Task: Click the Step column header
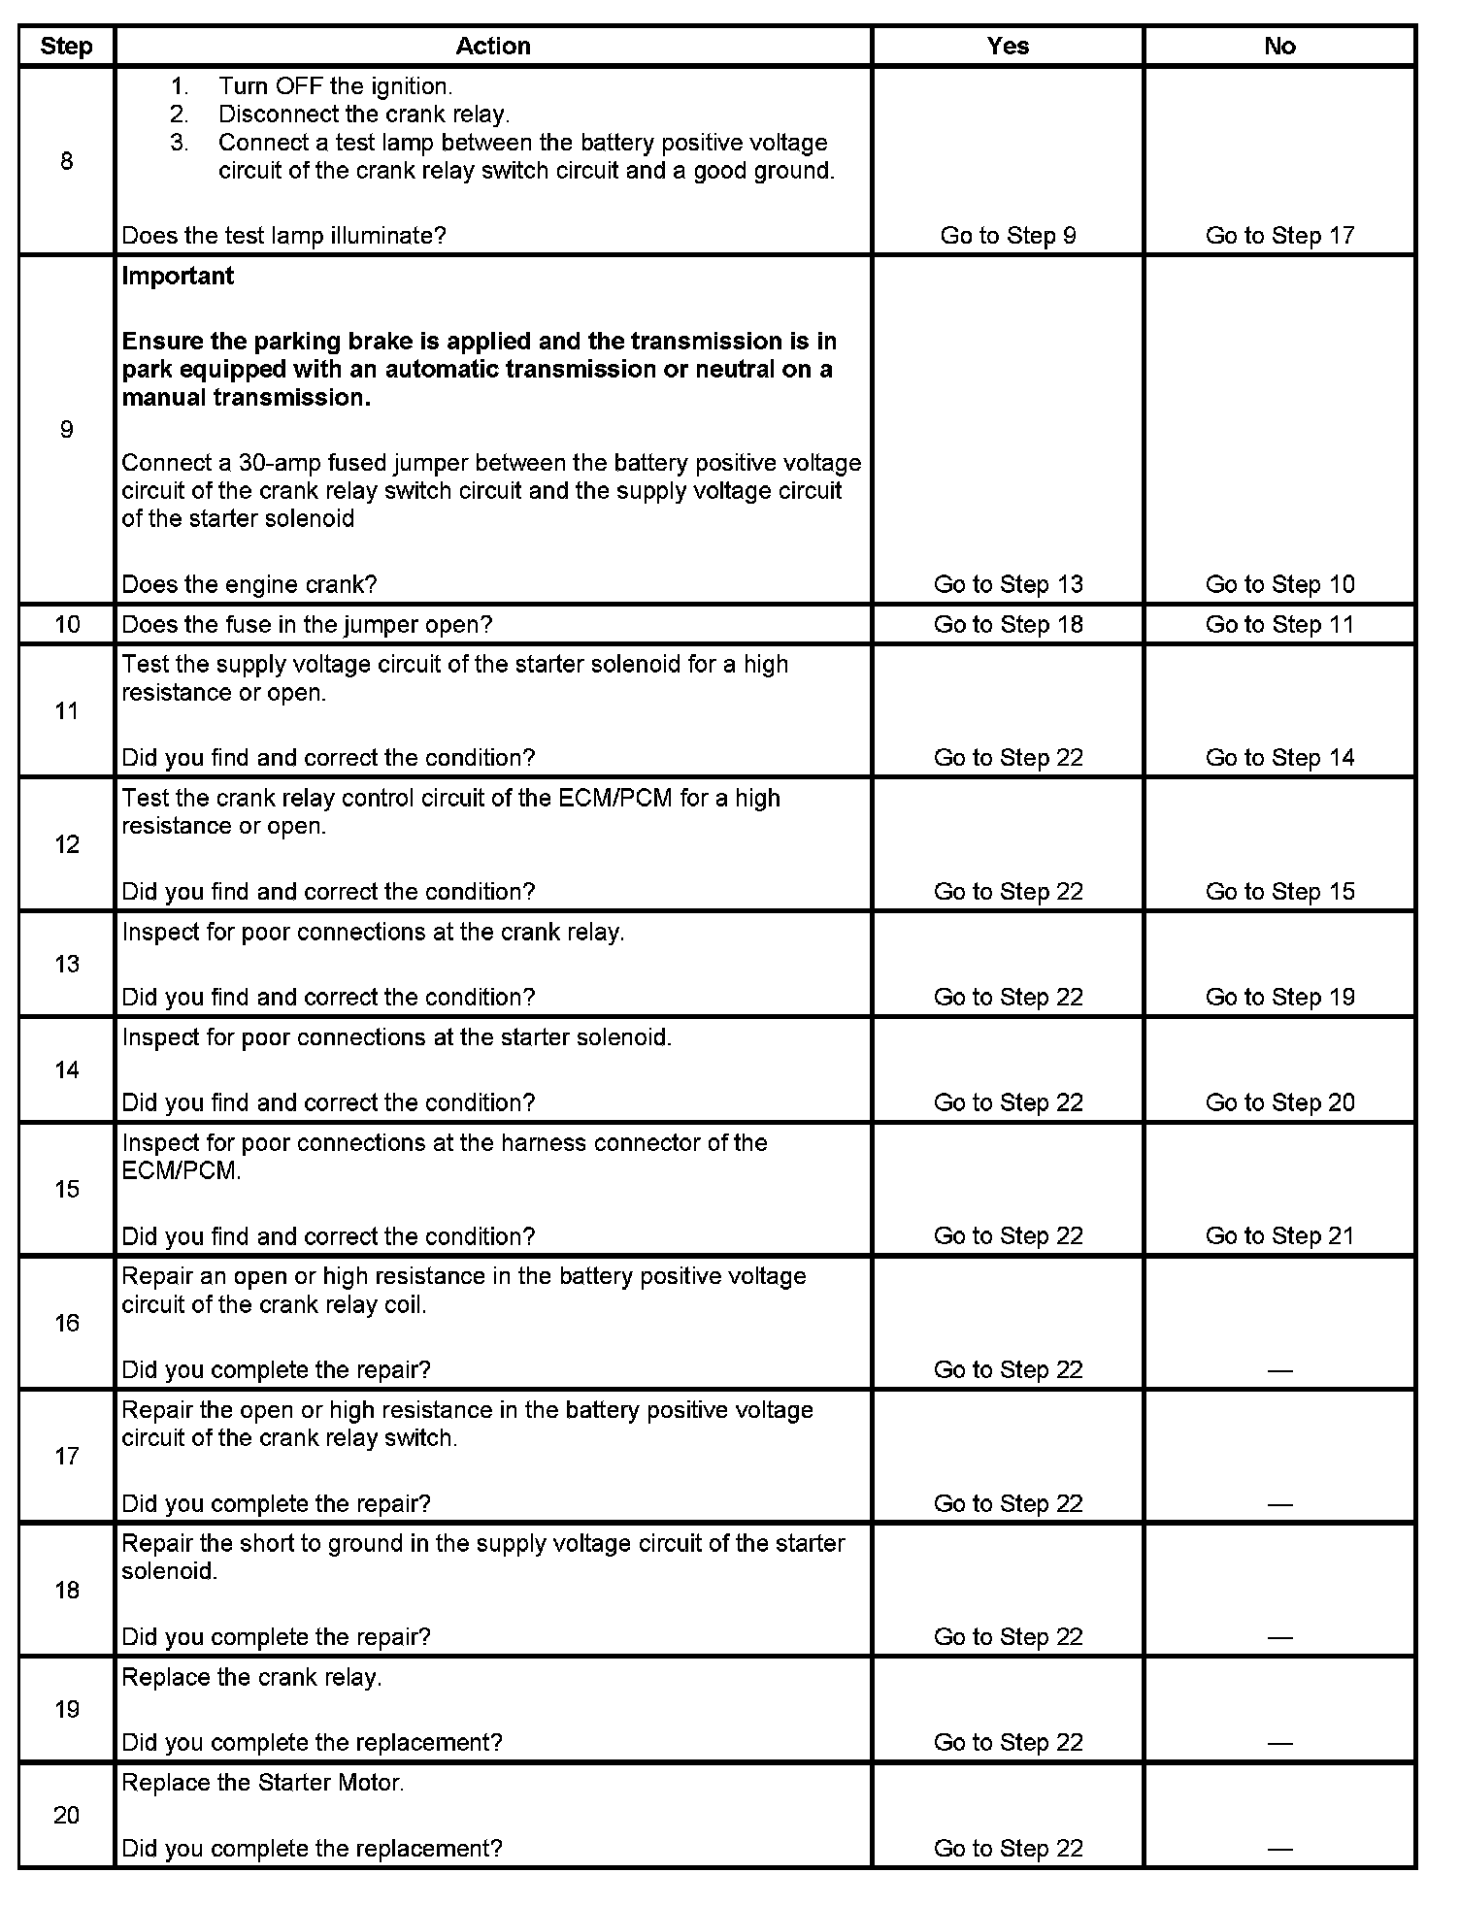tap(66, 47)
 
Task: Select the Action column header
tap(493, 47)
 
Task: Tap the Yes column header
tap(1008, 47)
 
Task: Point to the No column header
tap(1279, 47)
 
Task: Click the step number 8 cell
tap(66, 161)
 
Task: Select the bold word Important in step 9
tap(178, 277)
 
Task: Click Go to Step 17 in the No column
tap(1279, 236)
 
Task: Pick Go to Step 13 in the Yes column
tap(1008, 584)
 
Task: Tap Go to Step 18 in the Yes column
tap(1008, 624)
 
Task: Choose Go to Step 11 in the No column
tap(1279, 624)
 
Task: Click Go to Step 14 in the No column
tap(1279, 758)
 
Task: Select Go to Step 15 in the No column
tap(1279, 892)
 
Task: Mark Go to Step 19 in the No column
tap(1279, 998)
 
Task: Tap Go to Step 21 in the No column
tap(1279, 1236)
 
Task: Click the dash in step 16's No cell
tap(1279, 1370)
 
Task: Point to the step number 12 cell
tap(66, 844)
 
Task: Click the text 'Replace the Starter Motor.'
tap(263, 1783)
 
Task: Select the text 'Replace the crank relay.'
tap(251, 1677)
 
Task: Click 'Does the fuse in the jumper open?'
tap(307, 624)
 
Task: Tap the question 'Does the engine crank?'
tap(249, 584)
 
